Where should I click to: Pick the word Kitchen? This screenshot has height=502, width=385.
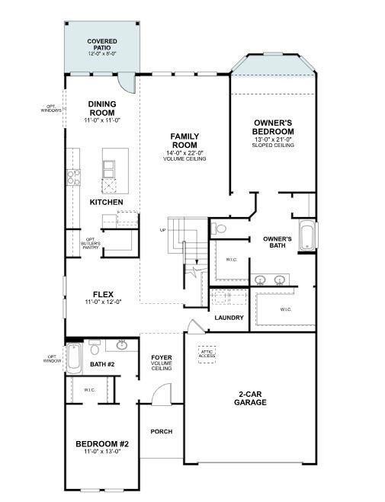click(106, 202)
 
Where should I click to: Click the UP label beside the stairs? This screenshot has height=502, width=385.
click(162, 230)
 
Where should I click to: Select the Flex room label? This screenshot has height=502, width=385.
click(103, 294)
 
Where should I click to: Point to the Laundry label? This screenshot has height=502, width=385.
click(228, 317)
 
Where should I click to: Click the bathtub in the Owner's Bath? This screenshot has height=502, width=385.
click(306, 235)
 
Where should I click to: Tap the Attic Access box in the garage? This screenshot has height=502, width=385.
click(207, 353)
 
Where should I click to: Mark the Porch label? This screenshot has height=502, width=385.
click(161, 431)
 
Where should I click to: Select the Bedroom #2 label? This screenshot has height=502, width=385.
click(102, 444)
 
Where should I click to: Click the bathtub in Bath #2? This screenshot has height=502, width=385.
click(74, 358)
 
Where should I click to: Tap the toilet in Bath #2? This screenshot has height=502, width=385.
click(95, 348)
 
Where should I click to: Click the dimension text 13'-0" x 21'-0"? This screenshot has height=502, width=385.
click(273, 139)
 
